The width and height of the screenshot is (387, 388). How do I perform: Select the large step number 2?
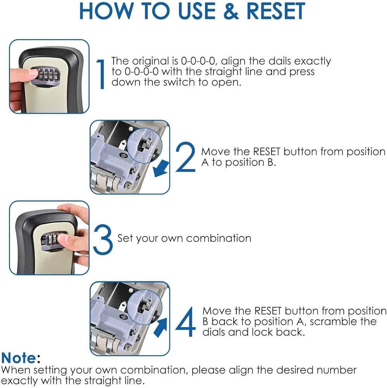186,157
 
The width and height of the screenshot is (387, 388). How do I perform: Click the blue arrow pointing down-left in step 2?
162,170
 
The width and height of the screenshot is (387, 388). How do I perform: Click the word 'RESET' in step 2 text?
270,152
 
